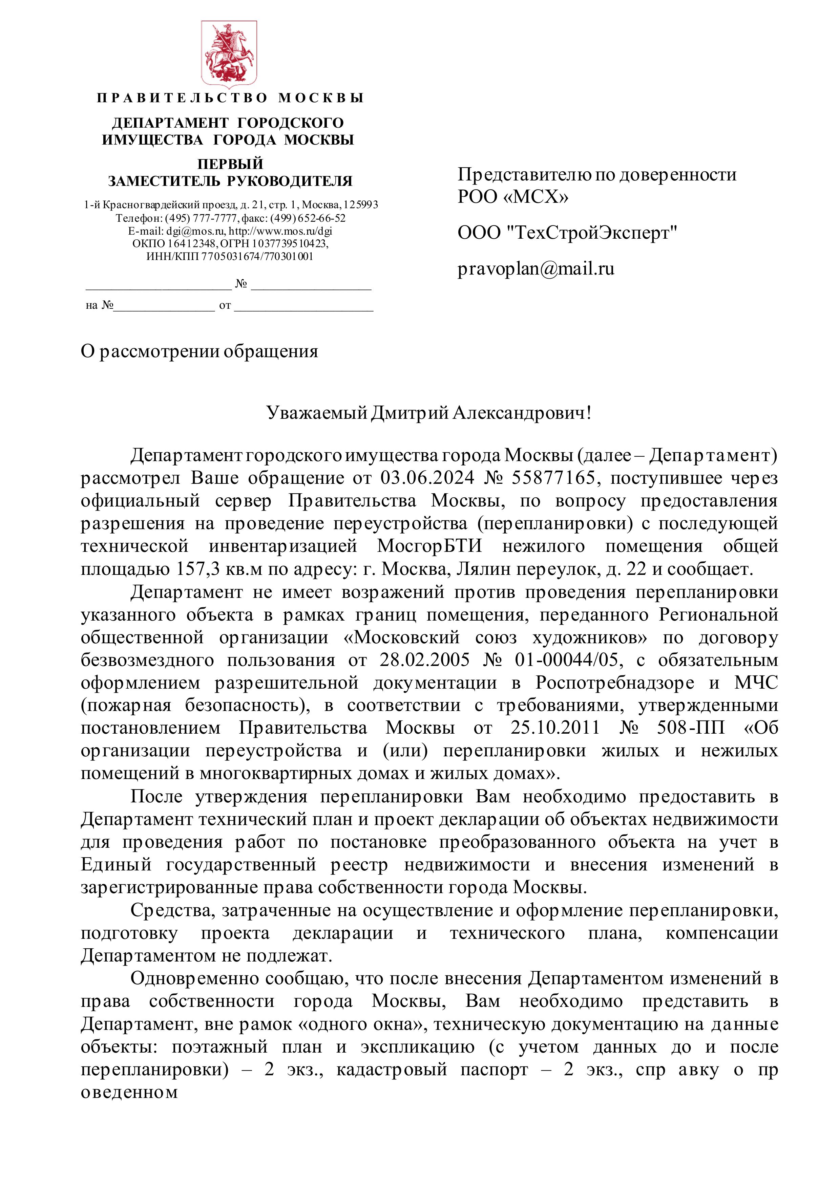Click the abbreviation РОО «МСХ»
click(512, 197)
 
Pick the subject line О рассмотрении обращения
click(199, 351)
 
